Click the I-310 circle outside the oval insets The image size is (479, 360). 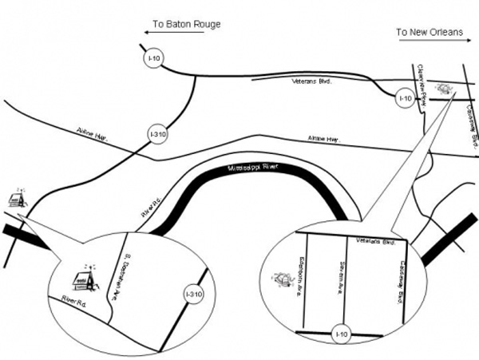point(158,136)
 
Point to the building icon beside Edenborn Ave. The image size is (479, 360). point(281,280)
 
